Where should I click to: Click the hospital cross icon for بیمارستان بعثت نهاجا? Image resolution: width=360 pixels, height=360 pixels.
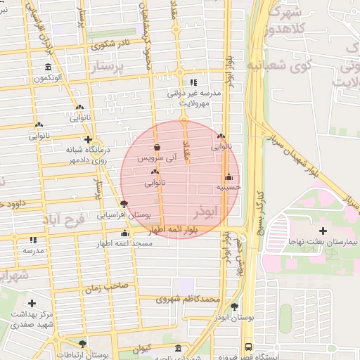click(x=323, y=231)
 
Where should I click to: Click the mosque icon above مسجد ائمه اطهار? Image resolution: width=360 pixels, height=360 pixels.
click(x=125, y=233)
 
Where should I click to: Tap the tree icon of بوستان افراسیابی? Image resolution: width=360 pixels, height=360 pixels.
click(x=124, y=205)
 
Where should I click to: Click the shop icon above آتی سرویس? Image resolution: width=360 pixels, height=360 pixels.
click(x=156, y=148)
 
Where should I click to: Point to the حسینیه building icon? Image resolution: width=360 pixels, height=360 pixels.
click(x=229, y=177)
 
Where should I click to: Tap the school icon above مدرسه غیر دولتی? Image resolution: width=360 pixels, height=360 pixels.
click(x=193, y=82)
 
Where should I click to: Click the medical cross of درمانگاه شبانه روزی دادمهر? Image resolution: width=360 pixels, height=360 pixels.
click(x=88, y=139)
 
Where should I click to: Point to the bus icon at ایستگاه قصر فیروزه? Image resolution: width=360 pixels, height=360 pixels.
click(x=248, y=347)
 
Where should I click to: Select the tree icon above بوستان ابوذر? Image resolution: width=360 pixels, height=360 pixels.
click(x=234, y=307)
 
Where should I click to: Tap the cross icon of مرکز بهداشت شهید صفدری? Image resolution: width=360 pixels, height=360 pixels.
click(x=32, y=303)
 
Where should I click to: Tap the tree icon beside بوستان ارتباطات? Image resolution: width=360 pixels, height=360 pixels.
click(x=83, y=344)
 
